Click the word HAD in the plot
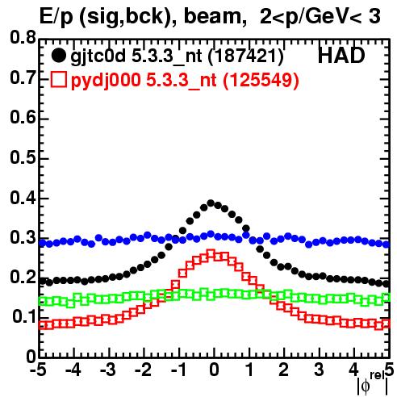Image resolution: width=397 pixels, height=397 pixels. (341, 56)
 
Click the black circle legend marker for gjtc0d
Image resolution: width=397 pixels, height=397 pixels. (58, 56)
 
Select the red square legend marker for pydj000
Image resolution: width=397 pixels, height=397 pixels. (58, 80)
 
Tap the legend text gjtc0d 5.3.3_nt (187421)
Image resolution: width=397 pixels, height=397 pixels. (177, 56)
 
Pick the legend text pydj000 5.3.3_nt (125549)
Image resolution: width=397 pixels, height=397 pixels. (185, 81)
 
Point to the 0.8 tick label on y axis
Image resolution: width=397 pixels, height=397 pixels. (23, 38)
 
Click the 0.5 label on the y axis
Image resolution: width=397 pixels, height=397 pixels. (23, 157)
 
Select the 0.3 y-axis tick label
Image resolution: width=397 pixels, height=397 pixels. (23, 237)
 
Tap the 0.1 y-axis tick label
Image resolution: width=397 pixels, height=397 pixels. (24, 317)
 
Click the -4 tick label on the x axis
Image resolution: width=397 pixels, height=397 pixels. (73, 370)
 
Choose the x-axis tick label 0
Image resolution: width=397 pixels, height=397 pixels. (214, 370)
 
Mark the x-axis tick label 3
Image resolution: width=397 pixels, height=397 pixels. (320, 370)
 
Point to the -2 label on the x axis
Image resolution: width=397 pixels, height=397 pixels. (144, 370)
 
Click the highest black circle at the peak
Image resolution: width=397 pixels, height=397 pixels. (211, 203)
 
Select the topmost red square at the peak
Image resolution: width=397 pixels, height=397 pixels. (211, 253)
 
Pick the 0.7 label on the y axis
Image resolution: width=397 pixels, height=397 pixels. (23, 77)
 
